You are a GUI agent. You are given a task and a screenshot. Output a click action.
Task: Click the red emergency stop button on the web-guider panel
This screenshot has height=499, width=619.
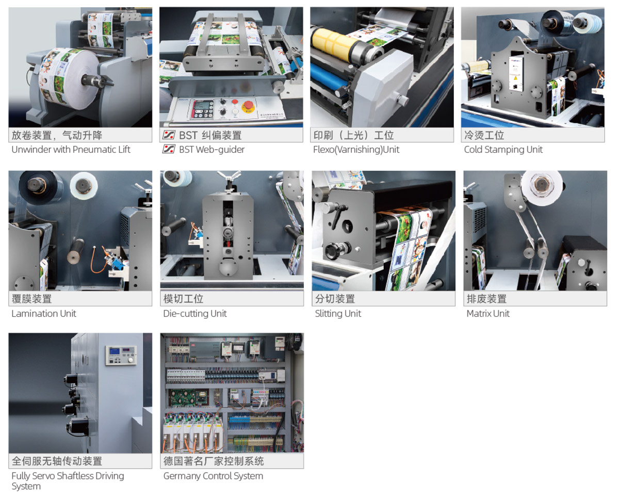coord(248,106)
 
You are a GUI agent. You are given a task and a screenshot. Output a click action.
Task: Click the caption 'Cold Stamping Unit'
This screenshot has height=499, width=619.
coord(503,150)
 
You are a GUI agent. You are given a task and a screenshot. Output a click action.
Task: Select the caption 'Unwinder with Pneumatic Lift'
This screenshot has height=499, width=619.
coord(71,150)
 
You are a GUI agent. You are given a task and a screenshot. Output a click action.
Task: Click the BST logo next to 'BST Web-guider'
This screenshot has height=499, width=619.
coord(169,149)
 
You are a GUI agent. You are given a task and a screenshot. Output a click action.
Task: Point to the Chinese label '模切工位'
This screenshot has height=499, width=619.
coord(183,299)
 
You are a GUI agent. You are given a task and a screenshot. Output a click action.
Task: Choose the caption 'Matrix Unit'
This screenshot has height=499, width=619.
coord(488,313)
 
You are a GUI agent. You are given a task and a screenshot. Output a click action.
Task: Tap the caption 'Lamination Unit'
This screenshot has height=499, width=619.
coord(44,313)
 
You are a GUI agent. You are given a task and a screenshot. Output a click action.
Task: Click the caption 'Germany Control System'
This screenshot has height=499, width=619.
coord(213,476)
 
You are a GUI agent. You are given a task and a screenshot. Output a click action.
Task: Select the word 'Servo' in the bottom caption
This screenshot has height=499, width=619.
coord(44,476)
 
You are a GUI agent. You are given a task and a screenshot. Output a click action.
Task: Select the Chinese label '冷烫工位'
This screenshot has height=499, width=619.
coord(484,135)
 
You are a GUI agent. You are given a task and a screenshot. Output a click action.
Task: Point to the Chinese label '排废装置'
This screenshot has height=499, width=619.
coord(486,299)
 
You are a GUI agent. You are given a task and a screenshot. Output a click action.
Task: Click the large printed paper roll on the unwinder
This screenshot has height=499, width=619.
coord(69,78)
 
